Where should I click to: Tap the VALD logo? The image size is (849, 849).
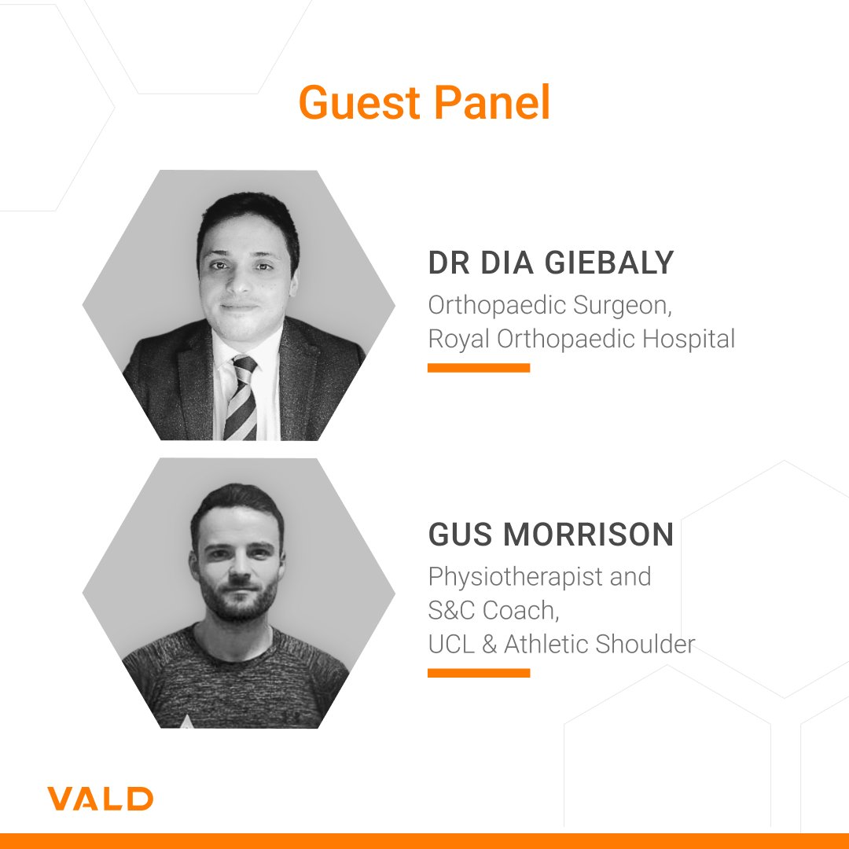point(100,799)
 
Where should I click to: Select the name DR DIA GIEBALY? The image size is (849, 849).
point(550,263)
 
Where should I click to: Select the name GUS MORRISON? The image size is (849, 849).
point(550,535)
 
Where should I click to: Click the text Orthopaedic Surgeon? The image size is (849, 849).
point(549,305)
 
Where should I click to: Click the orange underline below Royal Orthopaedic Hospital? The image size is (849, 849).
point(478,367)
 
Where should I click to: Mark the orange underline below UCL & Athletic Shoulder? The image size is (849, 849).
point(478,672)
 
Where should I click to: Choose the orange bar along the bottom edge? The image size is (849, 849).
point(424,841)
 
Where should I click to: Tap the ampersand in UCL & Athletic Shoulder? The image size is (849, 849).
point(491,644)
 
